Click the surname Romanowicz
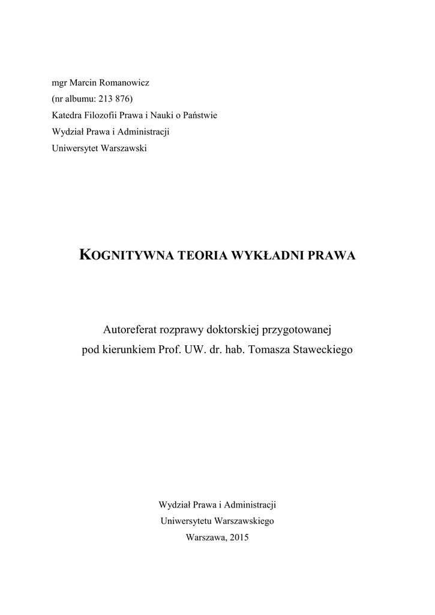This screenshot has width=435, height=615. (x=119, y=82)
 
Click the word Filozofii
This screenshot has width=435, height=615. (x=101, y=115)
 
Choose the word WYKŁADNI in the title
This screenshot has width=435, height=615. (x=258, y=255)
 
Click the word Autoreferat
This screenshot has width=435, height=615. (x=131, y=329)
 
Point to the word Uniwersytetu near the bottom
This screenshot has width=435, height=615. (x=188, y=521)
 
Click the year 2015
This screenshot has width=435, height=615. (x=238, y=538)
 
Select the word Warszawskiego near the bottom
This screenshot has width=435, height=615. (x=246, y=521)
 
